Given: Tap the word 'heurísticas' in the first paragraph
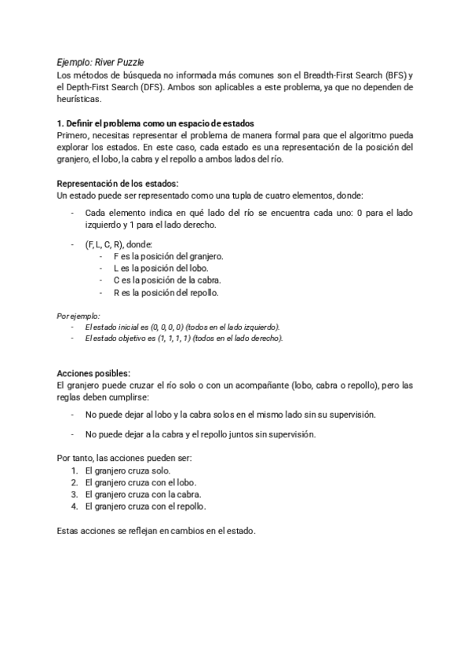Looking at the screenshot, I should tap(79, 100).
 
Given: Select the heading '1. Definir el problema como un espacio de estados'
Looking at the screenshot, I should tap(155, 123).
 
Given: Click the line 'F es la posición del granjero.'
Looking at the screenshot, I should tap(168, 257).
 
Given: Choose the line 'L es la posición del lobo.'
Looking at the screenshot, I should tap(160, 269).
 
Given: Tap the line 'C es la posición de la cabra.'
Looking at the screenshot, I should tap(167, 280).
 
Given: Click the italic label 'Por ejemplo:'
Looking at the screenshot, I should tap(78, 316).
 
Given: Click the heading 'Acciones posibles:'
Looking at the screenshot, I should tap(94, 373).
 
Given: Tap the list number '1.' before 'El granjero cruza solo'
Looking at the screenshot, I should tap(74, 470).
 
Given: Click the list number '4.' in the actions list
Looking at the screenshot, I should tap(74, 507).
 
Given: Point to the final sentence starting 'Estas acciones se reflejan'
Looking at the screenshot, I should tap(157, 531).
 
